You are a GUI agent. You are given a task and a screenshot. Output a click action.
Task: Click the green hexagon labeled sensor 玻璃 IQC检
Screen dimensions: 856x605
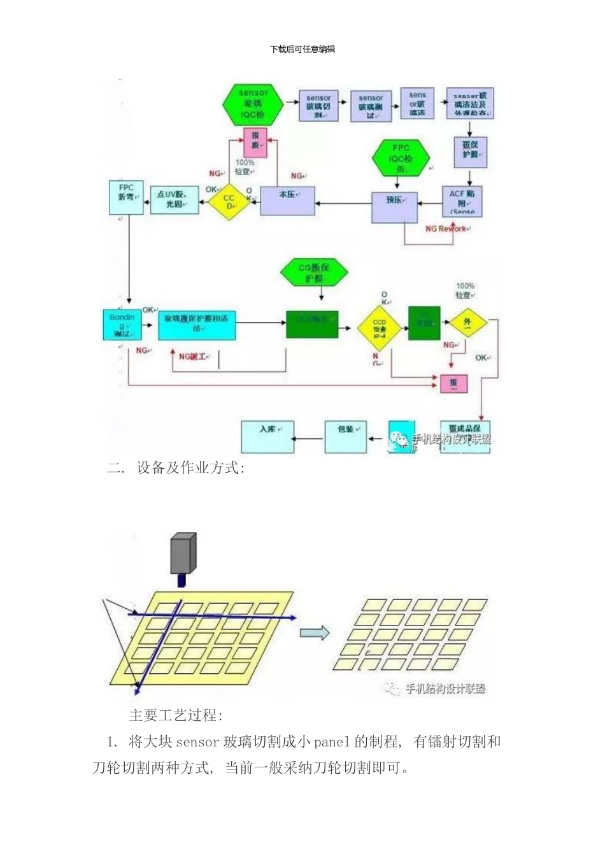click(253, 104)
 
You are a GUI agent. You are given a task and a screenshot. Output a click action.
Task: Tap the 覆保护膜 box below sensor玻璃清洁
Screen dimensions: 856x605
click(471, 151)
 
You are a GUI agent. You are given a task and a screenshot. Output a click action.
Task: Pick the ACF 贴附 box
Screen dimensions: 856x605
click(462, 201)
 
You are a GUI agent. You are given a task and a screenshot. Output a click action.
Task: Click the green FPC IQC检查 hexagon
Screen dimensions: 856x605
click(401, 158)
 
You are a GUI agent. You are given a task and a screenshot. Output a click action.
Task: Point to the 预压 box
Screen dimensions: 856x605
click(394, 206)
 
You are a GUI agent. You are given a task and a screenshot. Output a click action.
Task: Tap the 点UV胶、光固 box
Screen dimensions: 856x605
click(174, 199)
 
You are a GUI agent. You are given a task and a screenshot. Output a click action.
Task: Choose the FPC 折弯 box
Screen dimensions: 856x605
click(126, 196)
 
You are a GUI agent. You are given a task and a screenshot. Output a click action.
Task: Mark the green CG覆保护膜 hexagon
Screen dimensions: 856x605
click(314, 273)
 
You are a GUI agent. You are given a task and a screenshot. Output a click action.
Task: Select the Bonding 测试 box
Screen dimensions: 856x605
click(122, 325)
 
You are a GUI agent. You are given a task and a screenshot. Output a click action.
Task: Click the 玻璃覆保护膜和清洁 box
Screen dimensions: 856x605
click(197, 324)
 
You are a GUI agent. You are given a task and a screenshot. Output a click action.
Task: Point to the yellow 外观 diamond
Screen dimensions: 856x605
click(467, 323)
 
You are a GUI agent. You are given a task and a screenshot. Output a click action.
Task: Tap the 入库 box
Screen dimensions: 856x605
click(267, 436)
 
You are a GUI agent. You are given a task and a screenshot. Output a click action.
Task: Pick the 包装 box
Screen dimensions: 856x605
click(346, 436)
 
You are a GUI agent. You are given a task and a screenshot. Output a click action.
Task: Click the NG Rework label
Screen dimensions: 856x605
click(446, 229)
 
